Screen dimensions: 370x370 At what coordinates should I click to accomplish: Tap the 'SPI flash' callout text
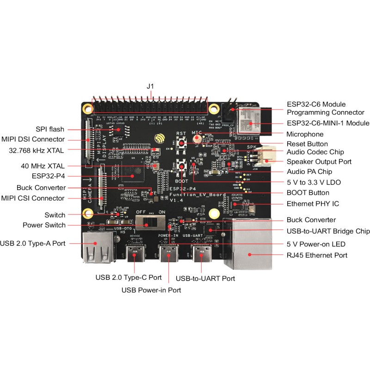pyautogui.click(x=49, y=129)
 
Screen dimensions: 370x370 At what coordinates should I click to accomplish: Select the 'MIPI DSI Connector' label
pyautogui.click(x=33, y=139)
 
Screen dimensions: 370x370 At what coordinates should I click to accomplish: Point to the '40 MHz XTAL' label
pyautogui.click(x=43, y=166)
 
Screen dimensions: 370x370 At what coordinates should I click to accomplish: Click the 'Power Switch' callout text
pyautogui.click(x=44, y=225)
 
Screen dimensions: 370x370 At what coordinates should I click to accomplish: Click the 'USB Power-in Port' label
pyautogui.click(x=151, y=290)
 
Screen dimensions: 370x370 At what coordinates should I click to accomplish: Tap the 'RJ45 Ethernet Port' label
pyautogui.click(x=317, y=255)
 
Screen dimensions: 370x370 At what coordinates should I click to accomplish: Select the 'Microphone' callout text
pyautogui.click(x=305, y=134)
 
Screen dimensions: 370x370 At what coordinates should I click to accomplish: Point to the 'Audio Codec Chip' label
pyautogui.click(x=315, y=152)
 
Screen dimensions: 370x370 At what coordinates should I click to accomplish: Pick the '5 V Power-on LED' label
pyautogui.click(x=316, y=244)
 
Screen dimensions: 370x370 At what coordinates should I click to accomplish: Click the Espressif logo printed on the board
pyautogui.click(x=160, y=139)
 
